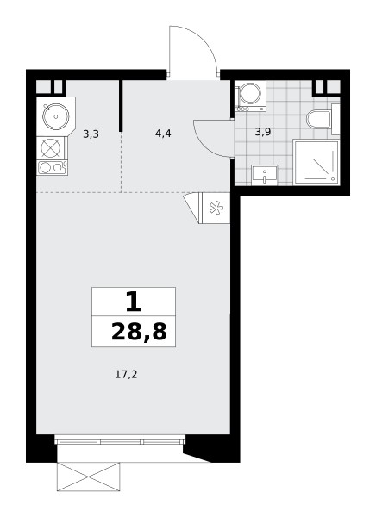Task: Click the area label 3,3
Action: [x=91, y=134]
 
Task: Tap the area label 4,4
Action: [x=163, y=134]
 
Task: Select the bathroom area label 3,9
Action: [x=263, y=132]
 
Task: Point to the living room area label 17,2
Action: [x=126, y=375]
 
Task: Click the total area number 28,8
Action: [x=139, y=332]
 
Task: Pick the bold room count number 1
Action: [x=134, y=302]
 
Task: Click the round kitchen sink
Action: [x=56, y=116]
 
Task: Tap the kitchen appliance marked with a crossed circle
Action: [x=52, y=148]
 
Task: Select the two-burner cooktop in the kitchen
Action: [x=52, y=167]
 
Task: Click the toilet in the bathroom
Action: [x=323, y=119]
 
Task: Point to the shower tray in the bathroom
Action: [x=316, y=162]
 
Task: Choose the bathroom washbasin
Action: [x=264, y=175]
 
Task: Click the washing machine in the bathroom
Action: [x=250, y=96]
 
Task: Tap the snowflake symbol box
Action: [x=216, y=208]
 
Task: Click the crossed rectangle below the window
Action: [x=89, y=477]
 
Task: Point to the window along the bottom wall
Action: [x=120, y=441]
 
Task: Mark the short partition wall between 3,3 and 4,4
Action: [x=121, y=105]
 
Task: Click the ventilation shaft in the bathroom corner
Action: [x=326, y=87]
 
